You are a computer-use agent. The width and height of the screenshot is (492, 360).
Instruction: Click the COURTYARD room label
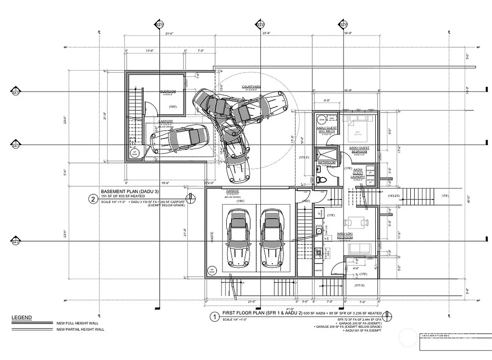tap(253, 87)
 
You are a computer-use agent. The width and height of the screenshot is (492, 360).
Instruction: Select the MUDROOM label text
tap(168, 91)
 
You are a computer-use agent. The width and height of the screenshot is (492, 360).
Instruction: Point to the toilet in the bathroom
tap(321, 179)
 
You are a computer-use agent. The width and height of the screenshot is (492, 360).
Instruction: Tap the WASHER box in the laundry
tap(370, 171)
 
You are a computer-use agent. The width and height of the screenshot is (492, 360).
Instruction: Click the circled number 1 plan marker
tap(213, 316)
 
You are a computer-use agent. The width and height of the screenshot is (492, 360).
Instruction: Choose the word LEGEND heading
tap(22, 318)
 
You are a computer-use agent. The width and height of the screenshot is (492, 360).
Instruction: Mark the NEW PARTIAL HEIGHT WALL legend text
tap(80, 329)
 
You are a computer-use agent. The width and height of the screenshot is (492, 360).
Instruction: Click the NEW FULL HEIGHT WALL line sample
tap(31, 323)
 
